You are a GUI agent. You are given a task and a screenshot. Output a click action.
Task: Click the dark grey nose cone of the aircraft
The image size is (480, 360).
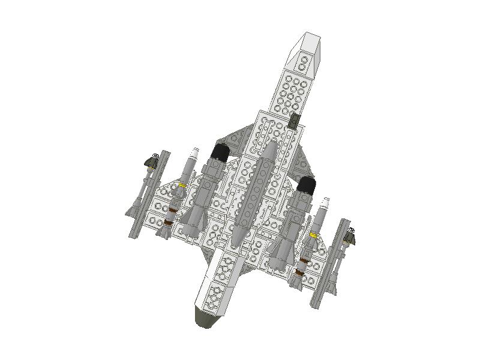pyautogui.click(x=206, y=319)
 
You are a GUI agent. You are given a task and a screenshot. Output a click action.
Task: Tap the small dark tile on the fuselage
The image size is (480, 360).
pyautogui.click(x=293, y=121)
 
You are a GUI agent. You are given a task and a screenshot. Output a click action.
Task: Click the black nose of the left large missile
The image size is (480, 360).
pyautogui.click(x=220, y=152)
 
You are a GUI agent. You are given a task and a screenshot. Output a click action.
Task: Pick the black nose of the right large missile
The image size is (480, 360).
pyautogui.click(x=307, y=185)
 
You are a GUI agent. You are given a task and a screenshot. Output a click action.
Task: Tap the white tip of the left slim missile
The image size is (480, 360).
pyautogui.click(x=194, y=151)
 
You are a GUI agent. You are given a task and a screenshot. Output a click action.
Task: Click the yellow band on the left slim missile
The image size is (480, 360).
pyautogui.click(x=181, y=187)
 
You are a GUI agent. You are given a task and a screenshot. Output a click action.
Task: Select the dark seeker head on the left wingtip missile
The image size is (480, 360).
pyautogui.click(x=154, y=160)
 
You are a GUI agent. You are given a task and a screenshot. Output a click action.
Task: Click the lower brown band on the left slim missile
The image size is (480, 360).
pyautogui.click(x=169, y=223)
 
